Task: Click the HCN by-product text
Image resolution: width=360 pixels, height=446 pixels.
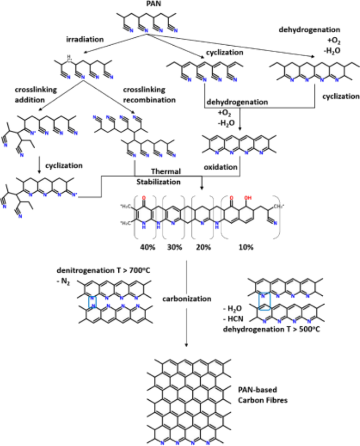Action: pos(236,321)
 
